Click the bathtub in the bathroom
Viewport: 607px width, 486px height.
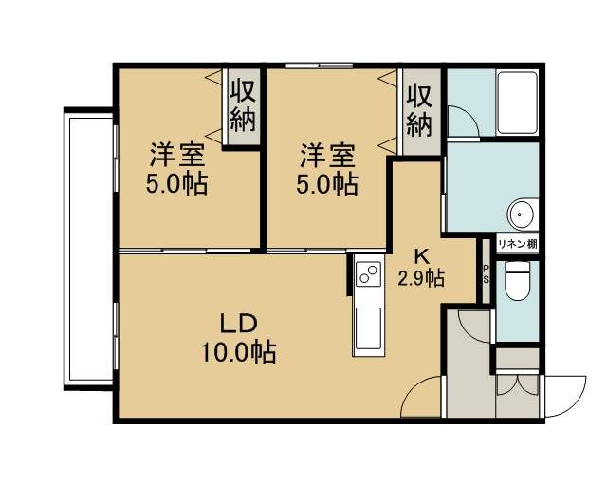pyautogui.click(x=518, y=103)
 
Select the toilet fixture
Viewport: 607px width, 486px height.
pyautogui.click(x=518, y=281)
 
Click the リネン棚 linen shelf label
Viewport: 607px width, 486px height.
pyautogui.click(x=517, y=244)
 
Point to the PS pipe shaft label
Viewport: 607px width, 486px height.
pyautogui.click(x=486, y=274)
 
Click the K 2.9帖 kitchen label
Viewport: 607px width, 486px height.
pyautogui.click(x=421, y=268)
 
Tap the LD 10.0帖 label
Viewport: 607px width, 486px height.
pyautogui.click(x=238, y=338)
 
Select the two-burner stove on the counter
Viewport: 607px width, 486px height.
pyautogui.click(x=368, y=273)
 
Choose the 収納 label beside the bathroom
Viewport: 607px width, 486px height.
pyautogui.click(x=419, y=111)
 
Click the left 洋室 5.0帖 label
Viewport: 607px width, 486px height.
pyautogui.click(x=176, y=168)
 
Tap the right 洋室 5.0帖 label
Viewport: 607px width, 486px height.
pyautogui.click(x=327, y=168)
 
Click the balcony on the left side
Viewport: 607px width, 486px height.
pyautogui.click(x=88, y=249)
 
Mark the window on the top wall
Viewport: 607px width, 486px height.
pyautogui.click(x=319, y=65)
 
